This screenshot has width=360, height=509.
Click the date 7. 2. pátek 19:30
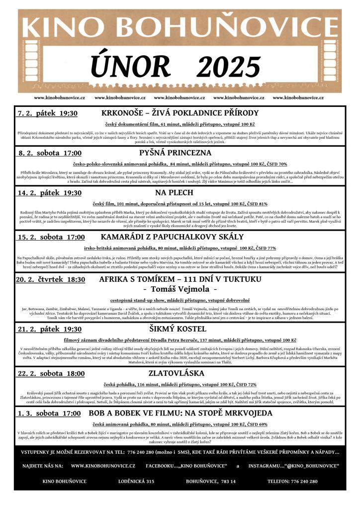click(48, 113)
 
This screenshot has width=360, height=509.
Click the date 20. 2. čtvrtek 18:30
click(50, 280)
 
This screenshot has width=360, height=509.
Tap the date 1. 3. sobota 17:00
click(49, 413)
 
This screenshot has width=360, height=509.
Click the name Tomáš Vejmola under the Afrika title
click(180, 289)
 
